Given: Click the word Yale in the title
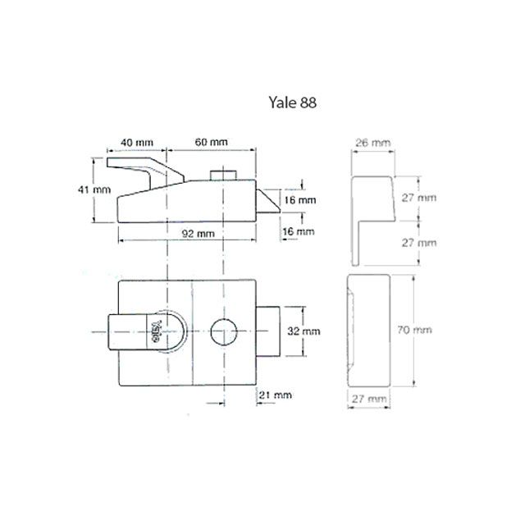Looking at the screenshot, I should pos(281,103).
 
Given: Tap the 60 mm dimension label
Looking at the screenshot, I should pos(210,142).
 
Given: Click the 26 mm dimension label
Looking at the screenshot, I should pos(368,142).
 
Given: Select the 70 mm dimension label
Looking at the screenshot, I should pos(414,330).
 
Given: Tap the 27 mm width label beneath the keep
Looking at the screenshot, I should pos(368,398).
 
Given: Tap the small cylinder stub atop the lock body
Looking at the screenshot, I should pos(221,176).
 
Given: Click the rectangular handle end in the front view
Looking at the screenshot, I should pos(123,333).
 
